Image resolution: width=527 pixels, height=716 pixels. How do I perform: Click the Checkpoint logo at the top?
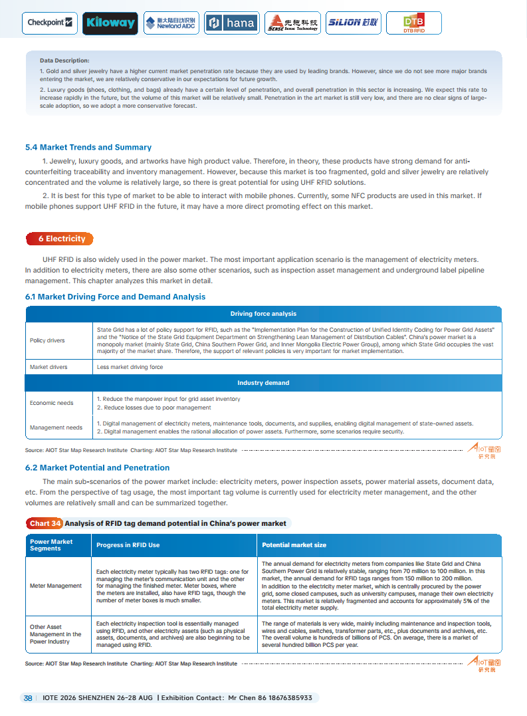click(x=50, y=23)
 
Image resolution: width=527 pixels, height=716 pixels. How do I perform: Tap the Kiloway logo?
click(x=110, y=23)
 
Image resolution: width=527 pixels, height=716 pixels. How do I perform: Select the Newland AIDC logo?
click(x=170, y=23)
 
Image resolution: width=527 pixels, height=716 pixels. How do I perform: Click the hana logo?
click(x=231, y=23)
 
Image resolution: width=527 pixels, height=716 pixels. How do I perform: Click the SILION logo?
click(x=353, y=23)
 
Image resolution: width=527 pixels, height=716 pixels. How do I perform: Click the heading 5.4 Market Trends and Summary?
click(x=88, y=148)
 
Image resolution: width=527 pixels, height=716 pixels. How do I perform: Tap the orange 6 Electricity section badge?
click(x=60, y=239)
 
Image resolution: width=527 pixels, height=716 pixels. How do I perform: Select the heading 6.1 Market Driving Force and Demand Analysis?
click(x=115, y=297)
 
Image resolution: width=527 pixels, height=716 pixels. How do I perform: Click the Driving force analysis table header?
click(x=263, y=314)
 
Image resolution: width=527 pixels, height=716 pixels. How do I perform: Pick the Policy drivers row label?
click(x=47, y=340)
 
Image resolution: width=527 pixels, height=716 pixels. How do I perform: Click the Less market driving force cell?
click(x=130, y=367)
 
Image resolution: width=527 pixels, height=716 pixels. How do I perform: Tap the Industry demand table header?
click(x=263, y=383)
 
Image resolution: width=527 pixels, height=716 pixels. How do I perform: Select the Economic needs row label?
click(x=51, y=403)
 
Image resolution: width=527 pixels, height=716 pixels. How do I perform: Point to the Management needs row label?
click(x=56, y=427)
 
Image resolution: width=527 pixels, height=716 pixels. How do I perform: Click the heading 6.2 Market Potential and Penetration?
click(x=97, y=468)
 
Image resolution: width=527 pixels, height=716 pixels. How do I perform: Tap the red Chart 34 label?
click(x=45, y=524)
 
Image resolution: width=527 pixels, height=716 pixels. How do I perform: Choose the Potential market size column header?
click(x=294, y=545)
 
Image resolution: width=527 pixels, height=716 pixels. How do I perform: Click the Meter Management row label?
click(x=56, y=586)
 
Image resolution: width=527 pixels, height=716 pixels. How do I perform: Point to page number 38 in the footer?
click(x=28, y=698)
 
